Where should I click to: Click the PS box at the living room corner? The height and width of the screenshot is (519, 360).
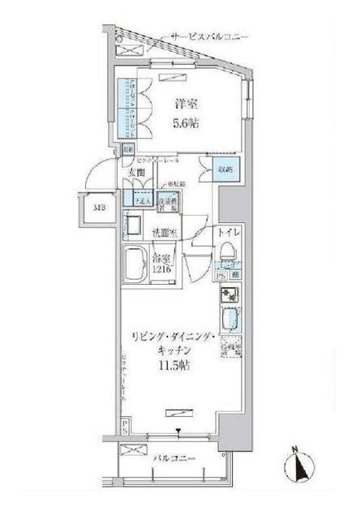(125, 424)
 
